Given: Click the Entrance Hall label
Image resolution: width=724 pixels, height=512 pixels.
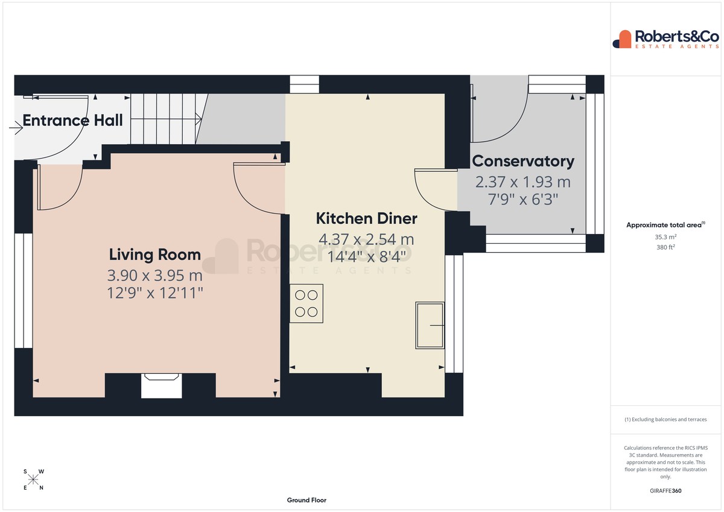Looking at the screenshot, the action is (73, 120).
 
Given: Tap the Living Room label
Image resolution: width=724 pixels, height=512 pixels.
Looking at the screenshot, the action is (155, 254).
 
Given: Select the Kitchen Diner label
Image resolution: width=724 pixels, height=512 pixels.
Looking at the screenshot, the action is (367, 218).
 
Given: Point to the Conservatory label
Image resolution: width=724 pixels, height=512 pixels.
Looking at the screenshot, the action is (523, 161).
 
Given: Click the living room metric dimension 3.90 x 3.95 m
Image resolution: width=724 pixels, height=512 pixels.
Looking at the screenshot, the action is (155, 276).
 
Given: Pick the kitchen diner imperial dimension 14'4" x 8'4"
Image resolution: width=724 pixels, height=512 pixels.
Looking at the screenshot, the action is (367, 257).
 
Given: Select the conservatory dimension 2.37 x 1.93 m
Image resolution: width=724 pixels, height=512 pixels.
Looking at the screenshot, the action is (523, 182).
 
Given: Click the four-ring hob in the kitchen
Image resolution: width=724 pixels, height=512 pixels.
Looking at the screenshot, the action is (306, 303).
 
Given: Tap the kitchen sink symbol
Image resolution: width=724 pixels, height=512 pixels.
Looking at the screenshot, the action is (430, 325).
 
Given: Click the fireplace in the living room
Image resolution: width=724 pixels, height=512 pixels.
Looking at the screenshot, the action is (161, 385).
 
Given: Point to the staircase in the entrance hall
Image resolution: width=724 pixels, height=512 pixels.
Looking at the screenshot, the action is (169, 119).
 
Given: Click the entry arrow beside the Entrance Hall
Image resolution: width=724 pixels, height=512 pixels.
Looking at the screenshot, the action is (16, 128).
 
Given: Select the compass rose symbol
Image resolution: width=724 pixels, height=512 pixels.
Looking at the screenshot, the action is (33, 479).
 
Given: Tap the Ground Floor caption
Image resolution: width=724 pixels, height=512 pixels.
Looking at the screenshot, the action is (306, 500).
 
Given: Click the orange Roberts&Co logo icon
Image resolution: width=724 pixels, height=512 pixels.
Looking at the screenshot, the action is (622, 39).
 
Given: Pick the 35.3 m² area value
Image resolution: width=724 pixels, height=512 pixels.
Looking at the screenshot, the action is (665, 237).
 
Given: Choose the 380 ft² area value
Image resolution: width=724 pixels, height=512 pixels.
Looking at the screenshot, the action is (665, 247).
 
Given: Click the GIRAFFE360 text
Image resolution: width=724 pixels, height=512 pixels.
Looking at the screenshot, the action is (665, 491).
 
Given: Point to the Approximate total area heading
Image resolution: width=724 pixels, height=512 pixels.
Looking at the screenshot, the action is (665, 225).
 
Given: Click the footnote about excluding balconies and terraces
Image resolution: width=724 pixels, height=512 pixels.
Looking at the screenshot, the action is (665, 419).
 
